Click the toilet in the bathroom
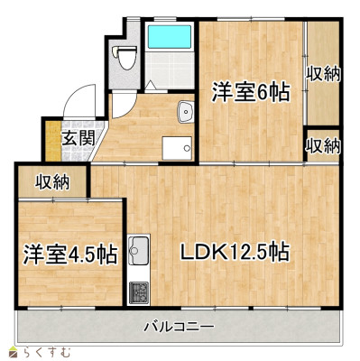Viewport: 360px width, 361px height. [x=125, y=58]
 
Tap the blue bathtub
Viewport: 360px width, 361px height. [x=170, y=36]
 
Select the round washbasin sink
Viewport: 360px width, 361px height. [x=185, y=112]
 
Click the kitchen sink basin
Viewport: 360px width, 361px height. [x=138, y=250]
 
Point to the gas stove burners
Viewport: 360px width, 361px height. [x=139, y=292]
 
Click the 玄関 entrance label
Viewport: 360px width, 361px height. [x=78, y=139]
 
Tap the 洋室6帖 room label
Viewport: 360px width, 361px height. [x=251, y=92]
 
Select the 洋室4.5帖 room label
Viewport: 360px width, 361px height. [x=70, y=255]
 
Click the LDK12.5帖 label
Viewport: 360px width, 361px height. [x=235, y=252]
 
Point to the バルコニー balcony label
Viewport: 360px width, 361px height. [x=179, y=327]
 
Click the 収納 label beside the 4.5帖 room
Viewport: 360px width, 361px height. [x=52, y=182]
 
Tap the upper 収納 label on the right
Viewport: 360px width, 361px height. [x=323, y=74]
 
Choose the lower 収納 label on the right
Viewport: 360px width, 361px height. [x=323, y=146]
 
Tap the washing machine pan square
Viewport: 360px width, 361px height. [x=177, y=148]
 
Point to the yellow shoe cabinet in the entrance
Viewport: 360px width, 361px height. [x=53, y=141]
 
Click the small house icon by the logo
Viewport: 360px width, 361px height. [x=13, y=352]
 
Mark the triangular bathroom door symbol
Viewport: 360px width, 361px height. [x=151, y=86]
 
